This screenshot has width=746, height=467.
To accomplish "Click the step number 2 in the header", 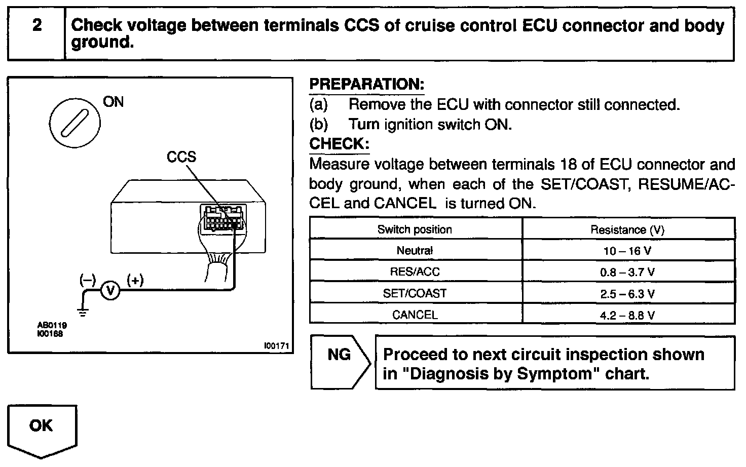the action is tap(36, 26).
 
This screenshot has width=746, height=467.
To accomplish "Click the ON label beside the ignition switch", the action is tap(113, 102).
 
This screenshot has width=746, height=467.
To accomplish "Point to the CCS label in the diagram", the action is tap(181, 157).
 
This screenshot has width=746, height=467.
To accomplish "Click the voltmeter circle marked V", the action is tap(110, 290).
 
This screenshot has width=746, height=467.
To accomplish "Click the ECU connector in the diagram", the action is tap(222, 219).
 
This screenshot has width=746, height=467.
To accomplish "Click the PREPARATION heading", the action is tap(366, 84).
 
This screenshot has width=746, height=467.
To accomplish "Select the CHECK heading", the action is tap(339, 144).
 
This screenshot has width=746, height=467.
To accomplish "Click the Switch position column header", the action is tap(415, 229).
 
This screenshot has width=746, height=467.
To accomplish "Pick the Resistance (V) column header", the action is tap(627, 230).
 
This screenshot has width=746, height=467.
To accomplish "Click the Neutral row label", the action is tap(415, 251).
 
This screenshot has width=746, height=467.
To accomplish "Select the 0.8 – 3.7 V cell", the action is tap(627, 272).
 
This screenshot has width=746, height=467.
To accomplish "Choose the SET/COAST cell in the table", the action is tap(415, 293).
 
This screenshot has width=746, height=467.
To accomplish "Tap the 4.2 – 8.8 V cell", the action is tap(627, 315).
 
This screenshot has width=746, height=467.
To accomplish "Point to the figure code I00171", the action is tap(276, 346).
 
